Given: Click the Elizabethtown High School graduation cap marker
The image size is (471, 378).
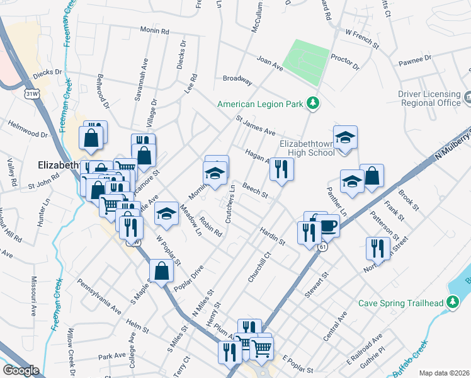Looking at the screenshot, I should [345, 138].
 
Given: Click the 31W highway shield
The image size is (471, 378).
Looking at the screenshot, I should [30, 94].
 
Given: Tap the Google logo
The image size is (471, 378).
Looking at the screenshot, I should [21, 370].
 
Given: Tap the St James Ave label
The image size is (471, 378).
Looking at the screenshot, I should [256, 125].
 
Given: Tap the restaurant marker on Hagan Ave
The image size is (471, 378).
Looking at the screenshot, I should [282, 168].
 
